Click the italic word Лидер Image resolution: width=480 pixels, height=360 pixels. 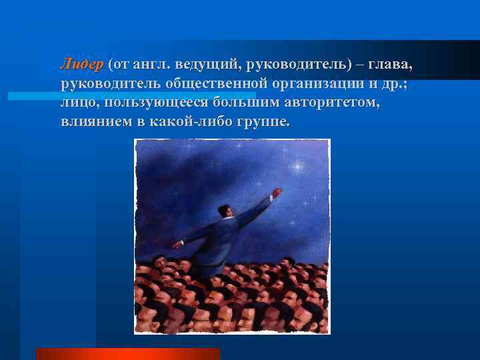point(81,64)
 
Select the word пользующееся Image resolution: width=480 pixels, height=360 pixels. point(156,103)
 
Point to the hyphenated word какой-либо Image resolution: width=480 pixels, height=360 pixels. point(194,123)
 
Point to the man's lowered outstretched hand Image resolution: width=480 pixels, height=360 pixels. point(177,244)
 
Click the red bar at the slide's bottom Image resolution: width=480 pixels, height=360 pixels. point(127,354)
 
